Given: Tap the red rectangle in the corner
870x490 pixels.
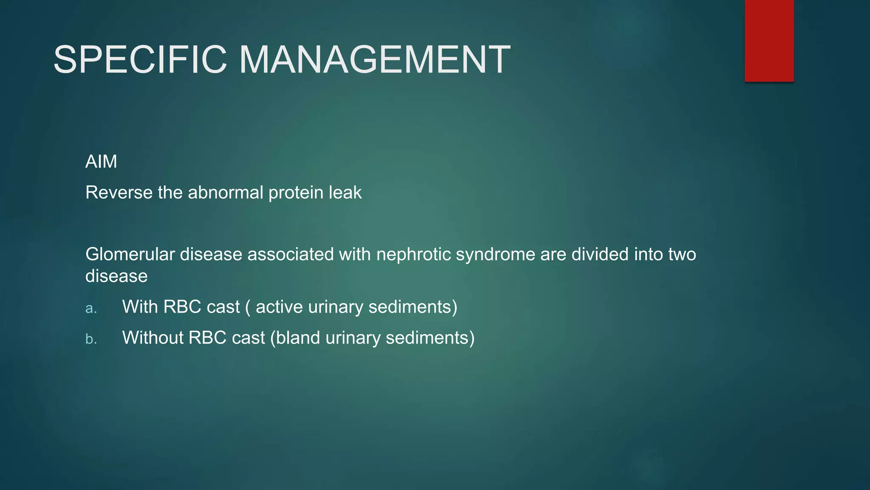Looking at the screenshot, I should click(x=769, y=41).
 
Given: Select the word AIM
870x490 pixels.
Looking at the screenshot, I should click(x=101, y=162).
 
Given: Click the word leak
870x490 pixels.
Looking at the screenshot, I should click(x=345, y=193).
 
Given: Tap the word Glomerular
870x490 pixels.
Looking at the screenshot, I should click(x=130, y=254).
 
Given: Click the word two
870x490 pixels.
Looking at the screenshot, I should click(x=682, y=254).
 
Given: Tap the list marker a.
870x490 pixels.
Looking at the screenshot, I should click(x=91, y=308).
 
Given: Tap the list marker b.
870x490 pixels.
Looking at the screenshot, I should click(x=91, y=339).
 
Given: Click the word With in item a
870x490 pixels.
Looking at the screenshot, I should click(x=140, y=307).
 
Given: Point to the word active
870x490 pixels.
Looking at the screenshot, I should click(x=279, y=307).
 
